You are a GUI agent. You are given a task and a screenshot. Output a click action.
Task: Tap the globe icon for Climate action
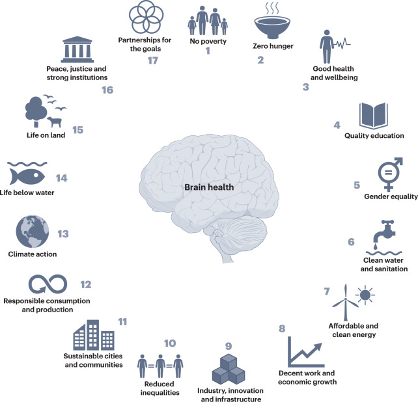point(29,234)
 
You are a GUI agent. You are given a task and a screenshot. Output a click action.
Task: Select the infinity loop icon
point(47,285)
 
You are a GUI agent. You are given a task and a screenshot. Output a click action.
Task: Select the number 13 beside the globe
point(63,234)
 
